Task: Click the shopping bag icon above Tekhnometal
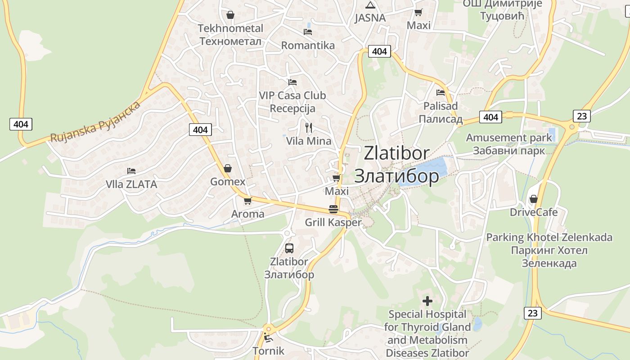[230, 15]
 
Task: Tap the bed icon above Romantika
[308, 31]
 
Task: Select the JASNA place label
[370, 18]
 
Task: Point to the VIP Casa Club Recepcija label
[292, 102]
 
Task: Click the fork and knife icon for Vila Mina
[309, 128]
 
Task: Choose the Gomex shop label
[228, 182]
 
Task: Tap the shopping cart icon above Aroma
[247, 201]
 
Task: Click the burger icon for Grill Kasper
[333, 209]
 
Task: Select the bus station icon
[289, 248]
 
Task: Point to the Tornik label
[269, 351]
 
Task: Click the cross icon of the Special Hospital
[427, 301]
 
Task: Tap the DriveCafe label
[534, 212]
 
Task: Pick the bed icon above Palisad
[441, 93]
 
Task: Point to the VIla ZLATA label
[131, 184]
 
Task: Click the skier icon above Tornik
[269, 337]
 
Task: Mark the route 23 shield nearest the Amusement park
[582, 116]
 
